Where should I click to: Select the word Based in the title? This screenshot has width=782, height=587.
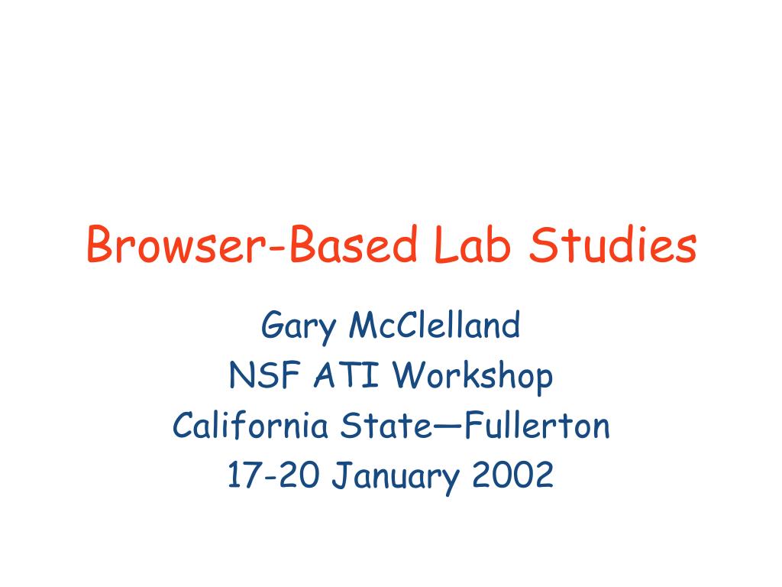click(353, 244)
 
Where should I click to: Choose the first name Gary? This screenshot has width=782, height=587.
click(299, 326)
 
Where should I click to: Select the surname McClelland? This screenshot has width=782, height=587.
click(435, 325)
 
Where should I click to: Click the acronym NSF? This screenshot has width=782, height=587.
click(265, 375)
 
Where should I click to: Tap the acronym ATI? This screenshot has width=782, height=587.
click(347, 375)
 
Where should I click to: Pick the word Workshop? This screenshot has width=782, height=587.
click(473, 377)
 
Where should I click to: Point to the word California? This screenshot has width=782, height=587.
click(250, 425)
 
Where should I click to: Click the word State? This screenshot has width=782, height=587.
click(386, 425)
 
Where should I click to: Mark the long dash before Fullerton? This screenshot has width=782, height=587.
click(448, 426)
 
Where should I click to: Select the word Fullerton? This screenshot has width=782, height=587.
click(537, 425)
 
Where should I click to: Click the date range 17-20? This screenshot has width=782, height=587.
click(273, 475)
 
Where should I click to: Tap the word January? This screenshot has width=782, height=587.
click(396, 477)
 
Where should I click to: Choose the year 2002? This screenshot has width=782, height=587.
click(512, 475)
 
